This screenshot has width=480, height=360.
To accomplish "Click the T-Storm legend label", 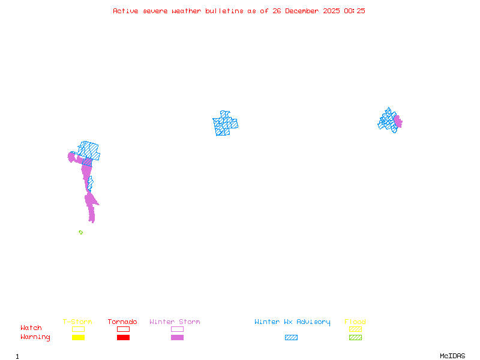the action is [77, 322].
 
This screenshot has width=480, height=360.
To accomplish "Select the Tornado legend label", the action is [122, 322].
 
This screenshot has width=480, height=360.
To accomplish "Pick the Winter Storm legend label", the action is [175, 322].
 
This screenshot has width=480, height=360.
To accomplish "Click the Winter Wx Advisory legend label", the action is [292, 322].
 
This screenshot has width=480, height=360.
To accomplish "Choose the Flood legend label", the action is [355, 322].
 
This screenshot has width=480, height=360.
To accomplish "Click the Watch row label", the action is [31, 328].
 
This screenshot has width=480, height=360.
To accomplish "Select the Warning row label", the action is [35, 337].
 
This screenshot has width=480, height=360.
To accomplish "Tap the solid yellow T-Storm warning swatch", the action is [78, 338].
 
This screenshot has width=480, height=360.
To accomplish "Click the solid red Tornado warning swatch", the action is [123, 338].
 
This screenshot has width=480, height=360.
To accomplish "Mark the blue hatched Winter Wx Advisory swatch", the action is [291, 338].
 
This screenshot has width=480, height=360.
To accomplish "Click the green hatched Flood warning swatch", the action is [355, 338].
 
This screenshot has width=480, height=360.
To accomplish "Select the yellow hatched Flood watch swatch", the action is [355, 329].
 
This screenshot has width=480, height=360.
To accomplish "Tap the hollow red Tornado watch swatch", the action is [123, 329].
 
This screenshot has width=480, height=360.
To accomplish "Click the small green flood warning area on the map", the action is [80, 232].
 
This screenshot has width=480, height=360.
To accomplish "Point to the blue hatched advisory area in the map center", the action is [225, 124].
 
